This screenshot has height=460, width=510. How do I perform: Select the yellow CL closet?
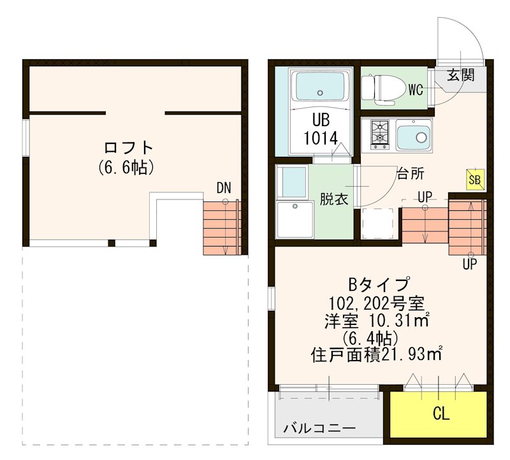pyautogui.click(x=441, y=413)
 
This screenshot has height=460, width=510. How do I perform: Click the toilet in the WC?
pyautogui.click(x=383, y=88)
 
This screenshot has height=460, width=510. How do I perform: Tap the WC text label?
pyautogui.click(x=416, y=90)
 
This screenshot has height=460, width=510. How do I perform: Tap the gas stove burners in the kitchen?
pyautogui.click(x=380, y=134)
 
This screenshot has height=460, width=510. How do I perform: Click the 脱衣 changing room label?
pyautogui.click(x=333, y=199)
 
